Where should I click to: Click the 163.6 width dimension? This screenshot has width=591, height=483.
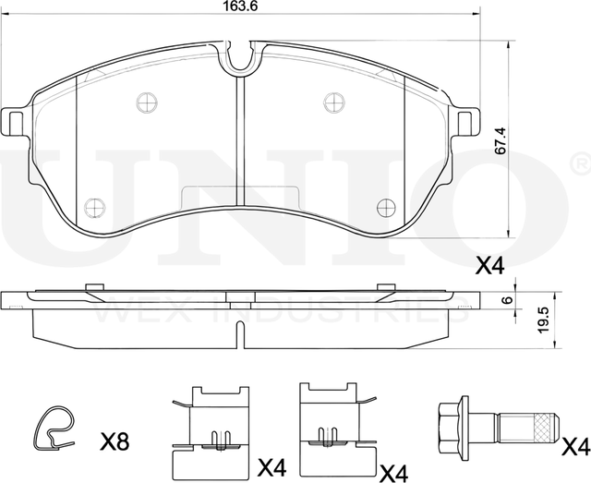(x=242, y=6)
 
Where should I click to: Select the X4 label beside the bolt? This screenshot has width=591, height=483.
(x=574, y=448)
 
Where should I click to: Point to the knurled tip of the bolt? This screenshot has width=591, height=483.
(x=545, y=426)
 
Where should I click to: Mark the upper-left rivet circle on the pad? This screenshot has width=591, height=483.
(x=146, y=102)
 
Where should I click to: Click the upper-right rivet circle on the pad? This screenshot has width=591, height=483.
(x=333, y=102)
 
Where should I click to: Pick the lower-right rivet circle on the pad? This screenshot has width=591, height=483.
(x=386, y=206)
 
